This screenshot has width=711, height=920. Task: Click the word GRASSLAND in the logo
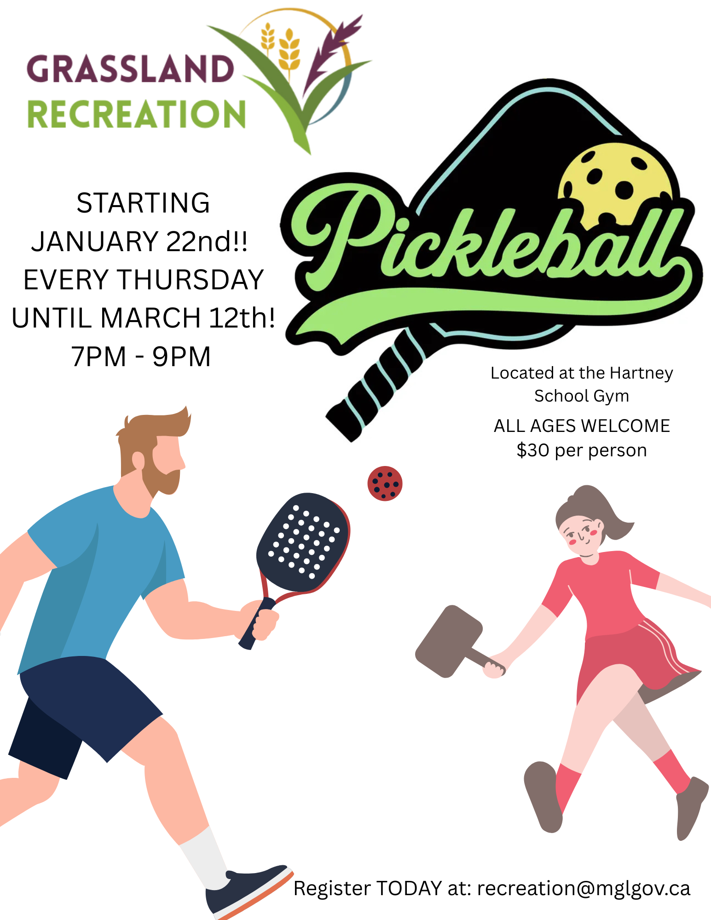(130, 69)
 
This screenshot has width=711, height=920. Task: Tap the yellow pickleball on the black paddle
(615, 184)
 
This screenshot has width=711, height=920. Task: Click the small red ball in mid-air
(385, 483)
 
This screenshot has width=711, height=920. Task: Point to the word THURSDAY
(191, 280)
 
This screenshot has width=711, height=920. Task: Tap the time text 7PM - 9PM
(141, 356)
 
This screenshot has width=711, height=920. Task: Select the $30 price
(532, 450)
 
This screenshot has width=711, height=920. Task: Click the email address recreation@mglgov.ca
(584, 889)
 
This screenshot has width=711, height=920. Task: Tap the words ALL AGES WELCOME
(582, 426)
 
